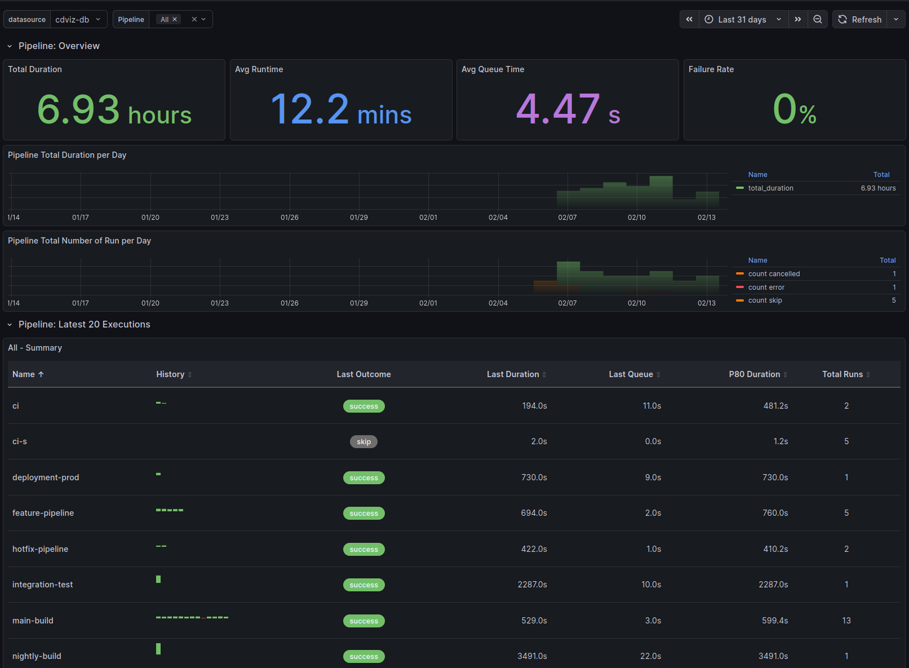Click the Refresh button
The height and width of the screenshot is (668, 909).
[860, 19]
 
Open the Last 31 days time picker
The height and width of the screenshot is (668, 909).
[742, 19]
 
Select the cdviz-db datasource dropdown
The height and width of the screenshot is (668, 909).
[78, 19]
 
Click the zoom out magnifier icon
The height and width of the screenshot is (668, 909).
[817, 19]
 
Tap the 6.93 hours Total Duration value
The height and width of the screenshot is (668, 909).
[114, 110]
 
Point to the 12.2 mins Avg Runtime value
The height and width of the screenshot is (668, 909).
[340, 110]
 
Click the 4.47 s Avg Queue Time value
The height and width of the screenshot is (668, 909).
[567, 110]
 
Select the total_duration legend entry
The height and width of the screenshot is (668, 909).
[770, 188]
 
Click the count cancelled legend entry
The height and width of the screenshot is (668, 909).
[774, 274]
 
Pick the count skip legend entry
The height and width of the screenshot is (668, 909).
[765, 300]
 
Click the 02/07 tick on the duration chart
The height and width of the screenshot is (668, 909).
[567, 218]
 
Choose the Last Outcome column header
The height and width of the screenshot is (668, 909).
[363, 374]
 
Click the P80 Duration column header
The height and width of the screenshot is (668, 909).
[754, 374]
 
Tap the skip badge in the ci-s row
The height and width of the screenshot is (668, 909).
[363, 442]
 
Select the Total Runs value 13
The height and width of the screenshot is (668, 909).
[846, 621]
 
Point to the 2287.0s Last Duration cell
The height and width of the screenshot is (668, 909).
[532, 585]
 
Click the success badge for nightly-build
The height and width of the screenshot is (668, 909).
[363, 657]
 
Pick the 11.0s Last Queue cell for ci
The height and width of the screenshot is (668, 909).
[651, 406]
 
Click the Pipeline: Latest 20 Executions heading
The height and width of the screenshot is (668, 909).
[84, 325]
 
